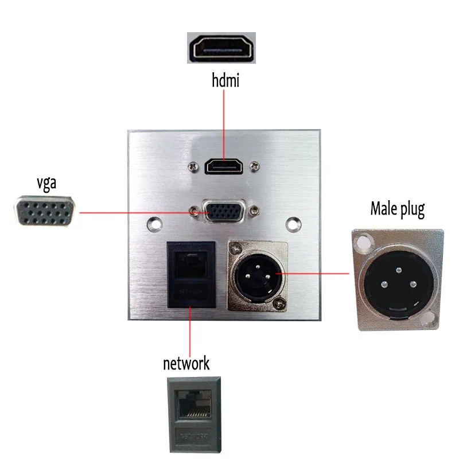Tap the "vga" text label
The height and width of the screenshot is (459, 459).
tap(45, 184)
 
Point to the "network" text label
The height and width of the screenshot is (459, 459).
tap(186, 363)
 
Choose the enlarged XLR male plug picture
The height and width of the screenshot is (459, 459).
tap(397, 280)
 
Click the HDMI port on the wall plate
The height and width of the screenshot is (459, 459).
tap(224, 167)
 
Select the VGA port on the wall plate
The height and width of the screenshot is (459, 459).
tap(224, 211)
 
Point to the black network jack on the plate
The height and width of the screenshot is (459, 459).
tap(190, 274)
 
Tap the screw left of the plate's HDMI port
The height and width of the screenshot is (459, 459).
tap(194, 167)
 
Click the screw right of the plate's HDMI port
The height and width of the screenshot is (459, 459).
tap(254, 167)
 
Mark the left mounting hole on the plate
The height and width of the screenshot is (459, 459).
tap(153, 223)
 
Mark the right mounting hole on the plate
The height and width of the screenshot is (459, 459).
tap(294, 223)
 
